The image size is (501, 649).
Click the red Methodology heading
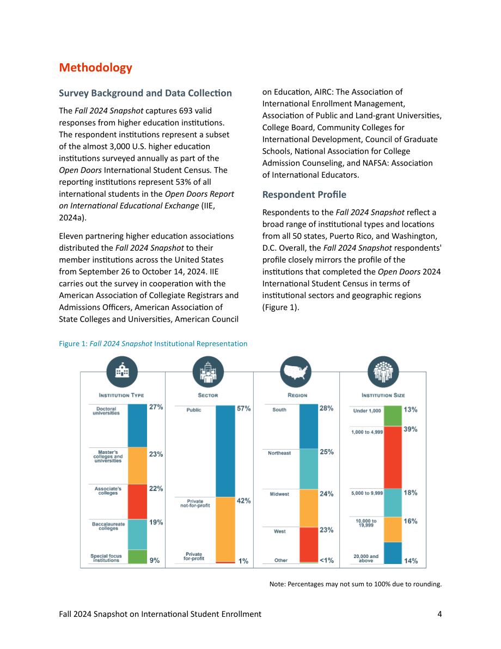click(95, 68)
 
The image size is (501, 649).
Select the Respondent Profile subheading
click(304, 195)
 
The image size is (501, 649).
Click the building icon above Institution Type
click(122, 371)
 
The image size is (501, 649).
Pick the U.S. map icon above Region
click(295, 371)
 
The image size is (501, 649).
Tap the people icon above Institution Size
click(383, 371)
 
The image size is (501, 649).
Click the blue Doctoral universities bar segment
click(137, 426)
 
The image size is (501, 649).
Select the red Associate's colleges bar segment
click(137, 502)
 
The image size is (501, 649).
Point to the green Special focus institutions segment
click(137, 557)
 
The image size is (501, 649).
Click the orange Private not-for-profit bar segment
click(225, 529)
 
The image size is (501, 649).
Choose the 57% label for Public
click(243, 409)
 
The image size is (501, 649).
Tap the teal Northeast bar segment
click(309, 469)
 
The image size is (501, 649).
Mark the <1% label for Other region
click(327, 560)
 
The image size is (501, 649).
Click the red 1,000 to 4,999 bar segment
click(393, 457)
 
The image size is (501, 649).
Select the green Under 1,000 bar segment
click(393, 416)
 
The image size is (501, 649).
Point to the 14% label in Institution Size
click(411, 561)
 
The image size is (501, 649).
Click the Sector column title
click(207, 395)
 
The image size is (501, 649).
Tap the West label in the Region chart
click(280, 531)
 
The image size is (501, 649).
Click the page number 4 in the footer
click(440, 614)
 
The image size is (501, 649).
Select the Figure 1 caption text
click(153, 343)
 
